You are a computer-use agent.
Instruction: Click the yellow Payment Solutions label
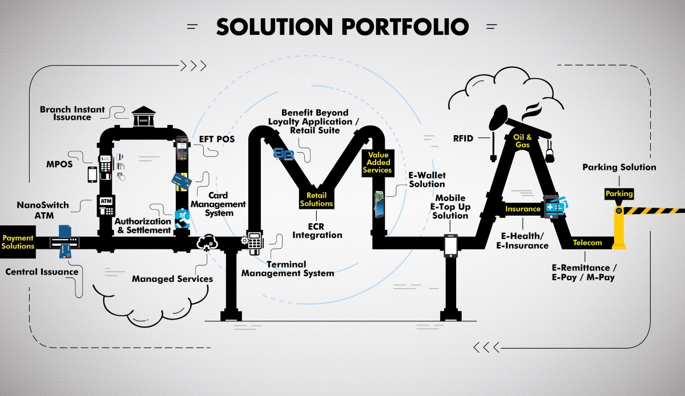pyautogui.click(x=18, y=242)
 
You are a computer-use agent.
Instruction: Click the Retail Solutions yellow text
pyautogui.click(x=316, y=200)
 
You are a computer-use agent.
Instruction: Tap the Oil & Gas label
pyautogui.click(x=522, y=140)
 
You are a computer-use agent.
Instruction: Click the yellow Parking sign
pyautogui.click(x=619, y=194)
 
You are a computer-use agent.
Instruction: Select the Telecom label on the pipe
pyautogui.click(x=587, y=243)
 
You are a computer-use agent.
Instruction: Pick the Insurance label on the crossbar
pyautogui.click(x=522, y=209)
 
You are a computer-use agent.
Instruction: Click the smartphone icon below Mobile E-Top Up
pyautogui.click(x=451, y=246)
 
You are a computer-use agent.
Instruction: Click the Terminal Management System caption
pyautogui.click(x=287, y=269)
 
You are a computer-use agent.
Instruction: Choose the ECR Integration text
pyautogui.click(x=316, y=230)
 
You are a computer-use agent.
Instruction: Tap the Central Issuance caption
pyautogui.click(x=42, y=272)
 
